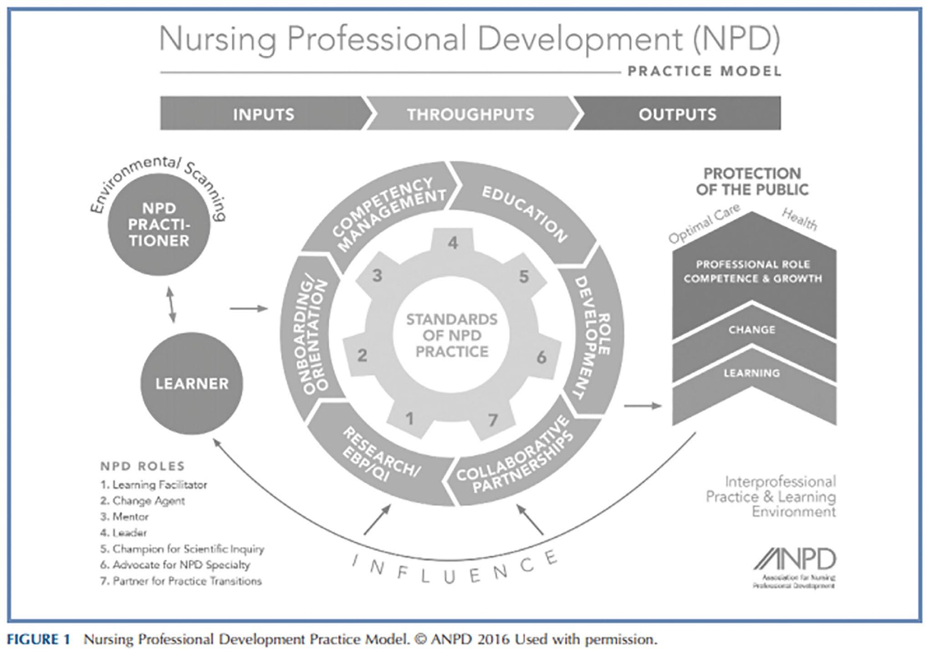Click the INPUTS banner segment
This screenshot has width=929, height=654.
coord(263,114)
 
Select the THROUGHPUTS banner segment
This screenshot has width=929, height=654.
coord(470,114)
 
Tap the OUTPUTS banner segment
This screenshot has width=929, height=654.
coord(677,114)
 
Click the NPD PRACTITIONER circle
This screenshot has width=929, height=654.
coord(159,225)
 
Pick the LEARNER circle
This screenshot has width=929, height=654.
coord(192,383)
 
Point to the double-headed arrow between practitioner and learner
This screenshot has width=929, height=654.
coord(172,304)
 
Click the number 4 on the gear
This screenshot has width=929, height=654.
coord(453,243)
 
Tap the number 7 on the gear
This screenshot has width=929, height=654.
coord(493,420)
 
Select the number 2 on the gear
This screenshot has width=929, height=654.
coord(362,355)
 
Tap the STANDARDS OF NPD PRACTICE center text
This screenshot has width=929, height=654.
coord(452,335)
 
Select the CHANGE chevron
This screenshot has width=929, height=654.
coord(752,329)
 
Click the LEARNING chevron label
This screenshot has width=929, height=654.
coord(752,373)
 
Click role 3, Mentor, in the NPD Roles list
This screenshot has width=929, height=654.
coord(124,517)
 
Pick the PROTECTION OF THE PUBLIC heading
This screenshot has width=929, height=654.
coord(752,181)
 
